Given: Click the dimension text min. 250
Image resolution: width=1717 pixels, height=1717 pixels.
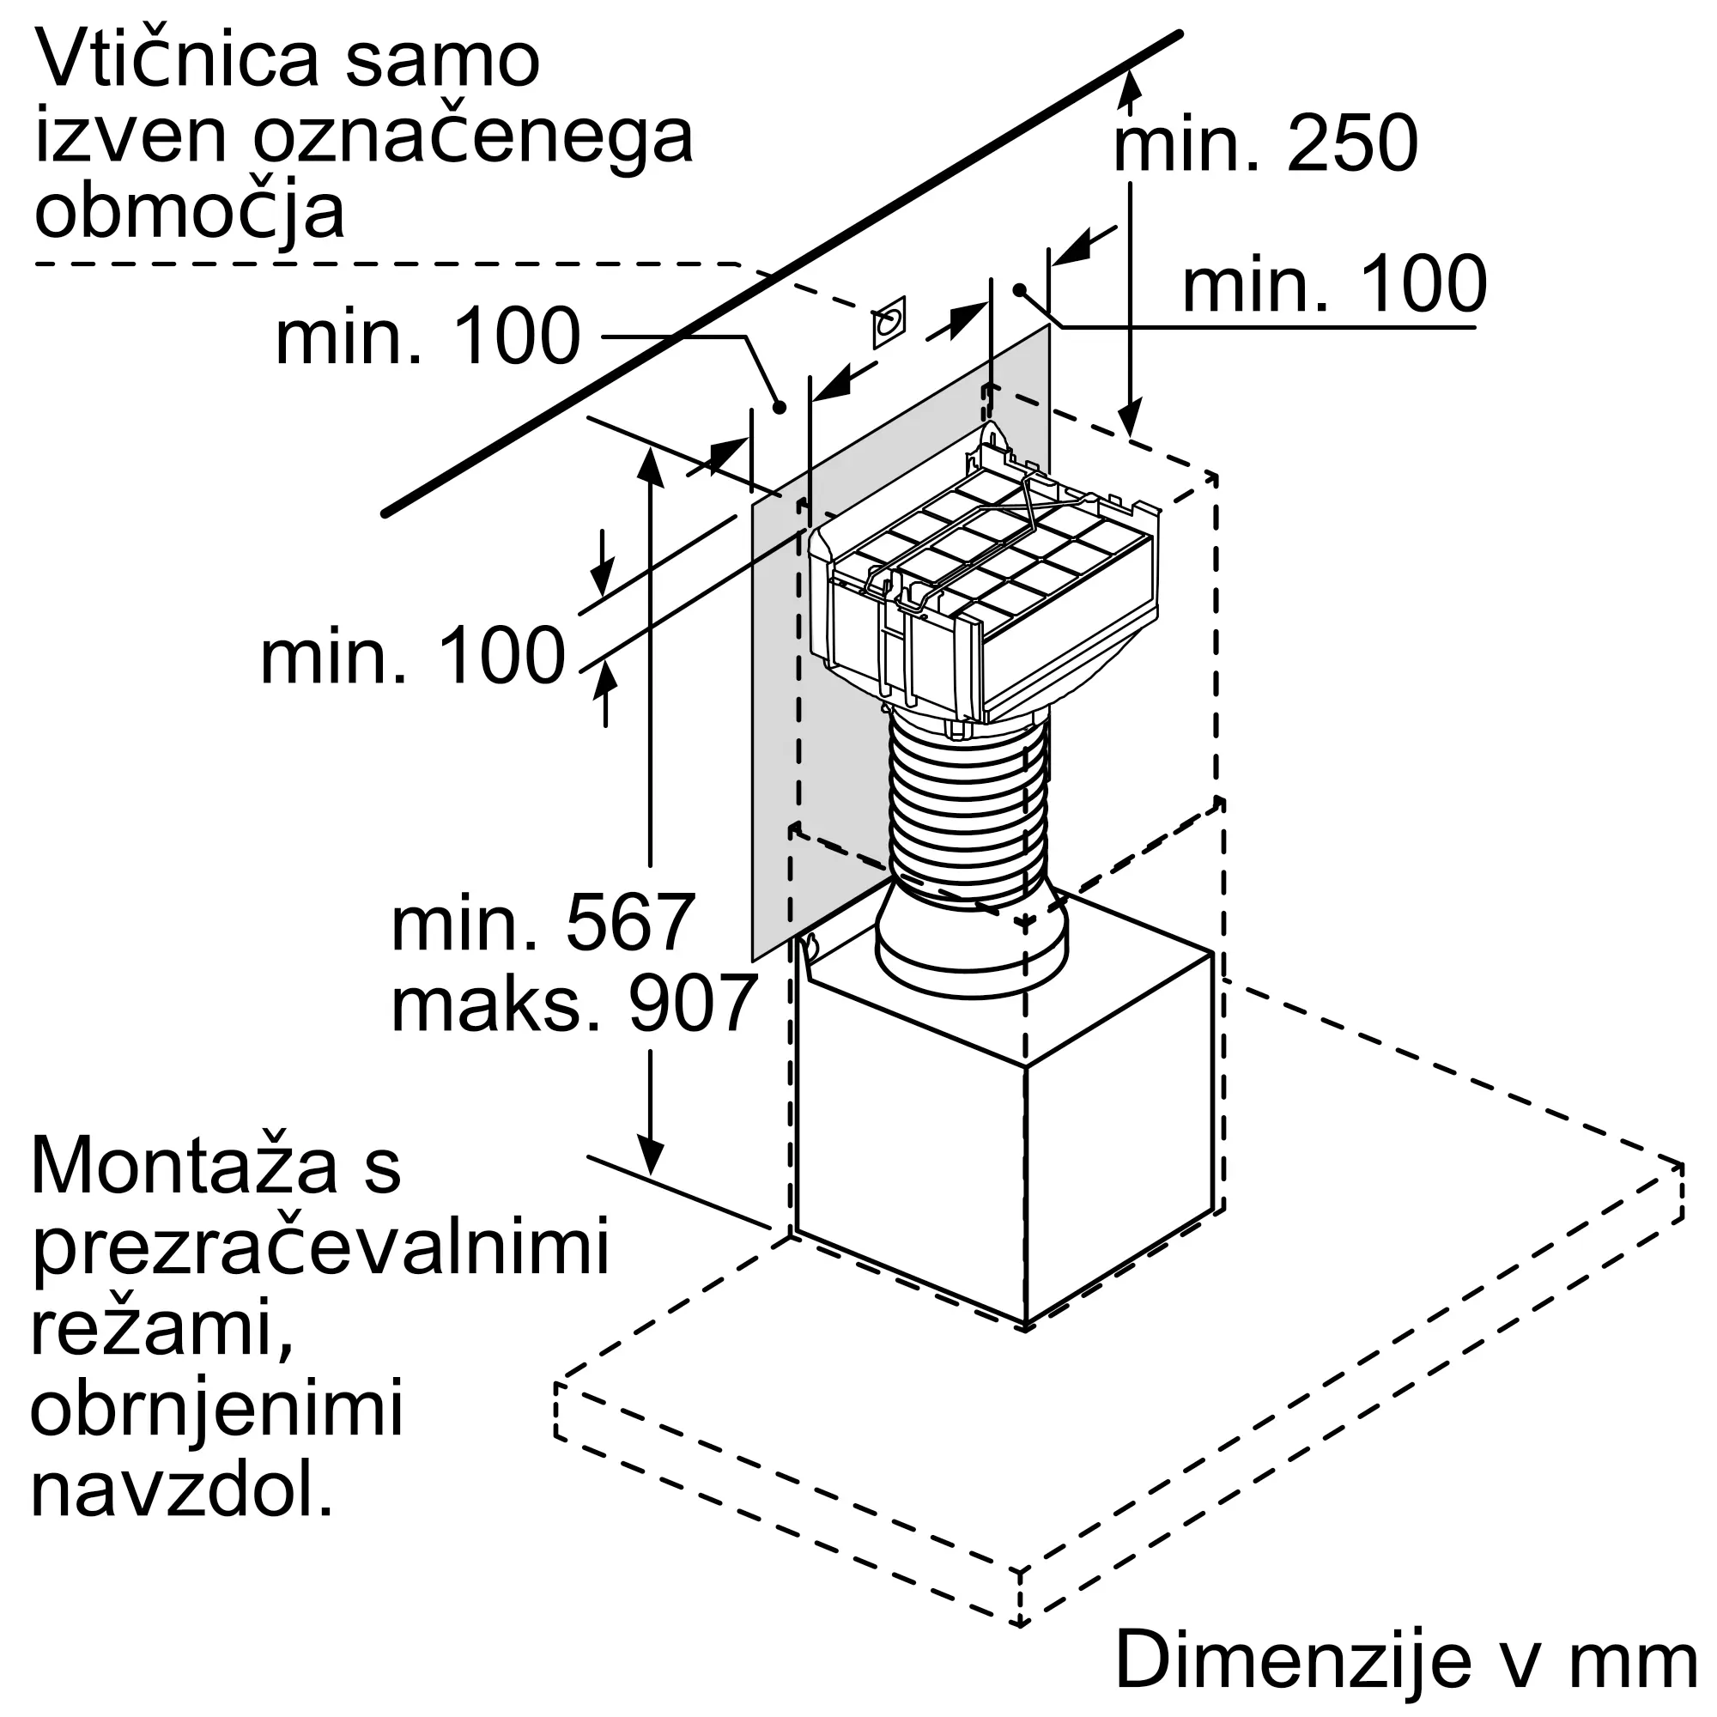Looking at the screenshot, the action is point(1265,144).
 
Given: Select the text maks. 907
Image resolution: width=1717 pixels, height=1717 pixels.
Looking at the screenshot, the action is point(574,1004).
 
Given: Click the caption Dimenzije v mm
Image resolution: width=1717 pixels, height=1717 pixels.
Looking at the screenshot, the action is point(1407,1660).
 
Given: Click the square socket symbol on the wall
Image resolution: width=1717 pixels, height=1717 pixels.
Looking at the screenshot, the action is point(889,322).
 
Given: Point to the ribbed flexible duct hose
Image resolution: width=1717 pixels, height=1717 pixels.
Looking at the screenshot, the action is point(968,809).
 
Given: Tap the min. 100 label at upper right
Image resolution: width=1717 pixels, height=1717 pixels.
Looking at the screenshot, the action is point(1333,284).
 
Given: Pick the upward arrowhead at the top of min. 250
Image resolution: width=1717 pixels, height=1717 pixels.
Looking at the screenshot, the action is point(1130,86).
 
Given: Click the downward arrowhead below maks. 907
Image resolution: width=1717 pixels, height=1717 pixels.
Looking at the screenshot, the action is point(651,1156).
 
